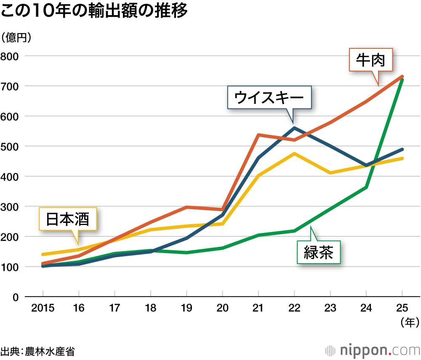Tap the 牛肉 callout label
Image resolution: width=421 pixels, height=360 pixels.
click(370, 60)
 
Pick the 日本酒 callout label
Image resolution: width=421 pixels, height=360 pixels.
click(67, 219)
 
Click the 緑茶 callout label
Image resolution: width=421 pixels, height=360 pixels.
click(318, 252)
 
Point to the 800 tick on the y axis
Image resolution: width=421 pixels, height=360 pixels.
click(10, 56)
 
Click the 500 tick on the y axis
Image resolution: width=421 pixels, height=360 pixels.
click(10, 146)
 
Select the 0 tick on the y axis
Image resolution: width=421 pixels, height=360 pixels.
click(16, 297)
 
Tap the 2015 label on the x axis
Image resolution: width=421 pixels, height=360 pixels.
click(43, 308)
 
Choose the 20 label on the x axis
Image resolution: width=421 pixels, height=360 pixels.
click(223, 308)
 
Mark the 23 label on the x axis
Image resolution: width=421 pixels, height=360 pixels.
click(330, 308)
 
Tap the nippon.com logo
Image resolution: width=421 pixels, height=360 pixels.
click(372, 350)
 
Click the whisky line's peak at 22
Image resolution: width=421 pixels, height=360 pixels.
click(294, 128)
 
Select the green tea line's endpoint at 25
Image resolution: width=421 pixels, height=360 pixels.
click(402, 79)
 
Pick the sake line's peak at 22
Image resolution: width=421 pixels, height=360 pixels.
click(294, 154)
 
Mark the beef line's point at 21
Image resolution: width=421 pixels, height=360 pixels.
click(258, 135)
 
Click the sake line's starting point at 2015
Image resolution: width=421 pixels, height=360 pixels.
click(43, 254)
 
